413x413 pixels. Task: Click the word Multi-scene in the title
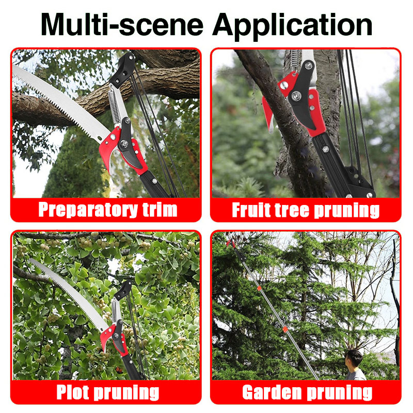click(x=122, y=24)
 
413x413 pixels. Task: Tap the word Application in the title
click(x=292, y=26)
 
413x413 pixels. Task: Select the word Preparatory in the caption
click(x=88, y=210)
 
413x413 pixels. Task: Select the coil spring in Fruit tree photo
click(x=295, y=60)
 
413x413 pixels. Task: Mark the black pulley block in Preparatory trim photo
click(x=122, y=70)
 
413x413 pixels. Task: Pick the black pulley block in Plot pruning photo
click(x=123, y=290)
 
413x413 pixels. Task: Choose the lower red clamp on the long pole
click(x=284, y=329)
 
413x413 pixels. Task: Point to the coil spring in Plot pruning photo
click(x=114, y=310)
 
